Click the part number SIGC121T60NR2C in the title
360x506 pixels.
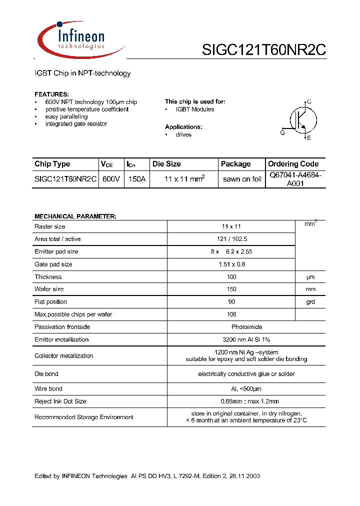263,50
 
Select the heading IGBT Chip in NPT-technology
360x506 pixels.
82,73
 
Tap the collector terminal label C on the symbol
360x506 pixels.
309,101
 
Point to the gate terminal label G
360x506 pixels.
282,132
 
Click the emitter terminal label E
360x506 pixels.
309,138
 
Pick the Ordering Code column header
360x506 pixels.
293,164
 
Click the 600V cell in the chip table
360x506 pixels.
111,179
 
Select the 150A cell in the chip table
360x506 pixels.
136,179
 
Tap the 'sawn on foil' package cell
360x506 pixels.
242,179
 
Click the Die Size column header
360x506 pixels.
166,164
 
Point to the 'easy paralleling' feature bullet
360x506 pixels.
66,116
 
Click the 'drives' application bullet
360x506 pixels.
183,134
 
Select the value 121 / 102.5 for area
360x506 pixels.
231,239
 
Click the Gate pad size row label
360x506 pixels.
53,264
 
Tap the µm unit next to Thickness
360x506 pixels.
310,277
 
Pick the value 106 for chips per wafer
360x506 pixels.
231,314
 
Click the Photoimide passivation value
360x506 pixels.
231,327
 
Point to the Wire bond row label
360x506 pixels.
48,388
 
